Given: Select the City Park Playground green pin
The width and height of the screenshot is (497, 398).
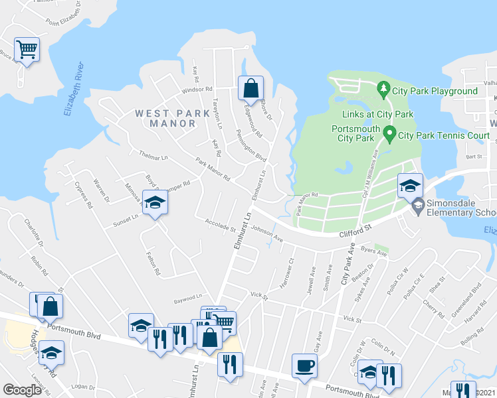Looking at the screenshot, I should tap(383, 88).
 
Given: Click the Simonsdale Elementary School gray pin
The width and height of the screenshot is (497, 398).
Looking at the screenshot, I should tap(417, 208).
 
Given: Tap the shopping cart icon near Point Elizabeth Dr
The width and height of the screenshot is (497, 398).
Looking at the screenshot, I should tap(27, 48).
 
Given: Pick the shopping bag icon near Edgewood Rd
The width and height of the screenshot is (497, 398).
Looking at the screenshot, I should tap(251, 88).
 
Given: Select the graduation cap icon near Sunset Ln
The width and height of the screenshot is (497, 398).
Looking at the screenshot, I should tap(155, 202).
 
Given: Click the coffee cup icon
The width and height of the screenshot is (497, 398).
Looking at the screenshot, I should tap(304, 365).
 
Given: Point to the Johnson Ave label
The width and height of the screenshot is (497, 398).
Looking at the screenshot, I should tap(267, 235).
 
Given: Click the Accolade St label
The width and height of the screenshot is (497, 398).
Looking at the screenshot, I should tap(221, 226).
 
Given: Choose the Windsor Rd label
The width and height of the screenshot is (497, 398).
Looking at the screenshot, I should tap(197, 89).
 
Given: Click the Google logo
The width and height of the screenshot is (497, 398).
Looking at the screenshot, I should tap(23, 390).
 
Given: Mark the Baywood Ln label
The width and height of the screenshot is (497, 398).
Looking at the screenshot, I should tap(188, 298).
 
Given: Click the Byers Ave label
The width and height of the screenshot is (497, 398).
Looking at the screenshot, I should tap(373, 251).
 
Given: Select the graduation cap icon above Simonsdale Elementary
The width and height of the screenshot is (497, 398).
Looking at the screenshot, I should tap(410, 185).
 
